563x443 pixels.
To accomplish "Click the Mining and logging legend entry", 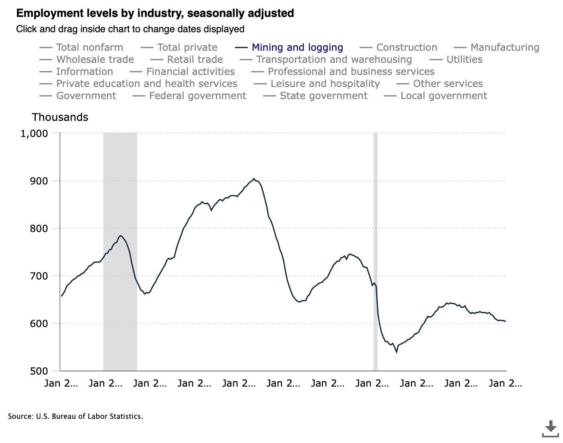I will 297,48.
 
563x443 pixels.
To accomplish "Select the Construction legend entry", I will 406,48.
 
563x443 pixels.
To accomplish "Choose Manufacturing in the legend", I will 504,48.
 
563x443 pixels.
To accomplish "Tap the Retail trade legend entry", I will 195,60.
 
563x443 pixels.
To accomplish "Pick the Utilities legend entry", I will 464,60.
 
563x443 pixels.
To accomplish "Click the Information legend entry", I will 84,72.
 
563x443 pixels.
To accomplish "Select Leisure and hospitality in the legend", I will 325,84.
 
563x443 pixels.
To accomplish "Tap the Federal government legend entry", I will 197,96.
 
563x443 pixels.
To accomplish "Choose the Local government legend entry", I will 444,96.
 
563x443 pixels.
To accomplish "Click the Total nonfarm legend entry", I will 89,48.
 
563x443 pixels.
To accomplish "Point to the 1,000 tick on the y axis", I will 34,133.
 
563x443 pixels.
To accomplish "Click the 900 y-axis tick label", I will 39,181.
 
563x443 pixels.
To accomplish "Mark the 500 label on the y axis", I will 39,371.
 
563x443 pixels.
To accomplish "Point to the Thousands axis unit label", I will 60,117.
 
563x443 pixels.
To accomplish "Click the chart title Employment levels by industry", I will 155,13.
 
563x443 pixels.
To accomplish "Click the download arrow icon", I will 551,429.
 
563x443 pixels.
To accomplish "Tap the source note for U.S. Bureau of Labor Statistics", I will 76,416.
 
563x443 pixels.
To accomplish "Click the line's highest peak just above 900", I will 254,178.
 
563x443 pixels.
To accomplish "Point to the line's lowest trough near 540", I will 397,352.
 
